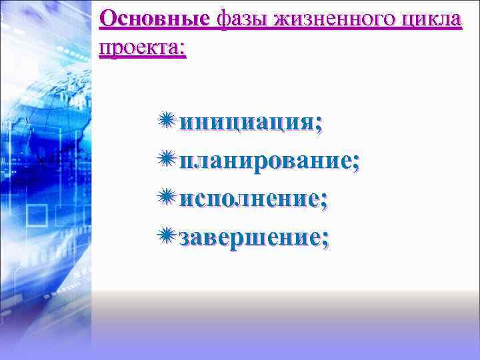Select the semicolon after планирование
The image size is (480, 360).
(x=355, y=163)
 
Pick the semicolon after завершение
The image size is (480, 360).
(x=325, y=239)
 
